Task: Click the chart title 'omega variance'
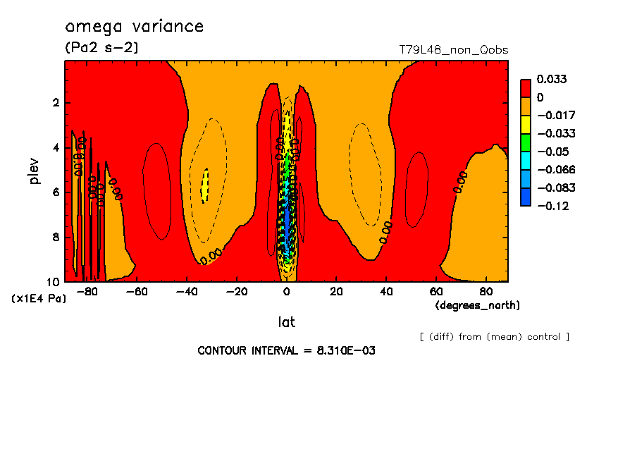(134, 27)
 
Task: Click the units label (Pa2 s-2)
(101, 48)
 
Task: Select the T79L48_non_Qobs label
(453, 50)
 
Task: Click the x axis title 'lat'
(286, 322)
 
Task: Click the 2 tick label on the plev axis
(55, 103)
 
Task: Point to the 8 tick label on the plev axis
(55, 237)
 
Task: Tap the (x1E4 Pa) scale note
(38, 299)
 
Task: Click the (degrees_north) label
(478, 305)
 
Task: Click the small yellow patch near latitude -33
(205, 185)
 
